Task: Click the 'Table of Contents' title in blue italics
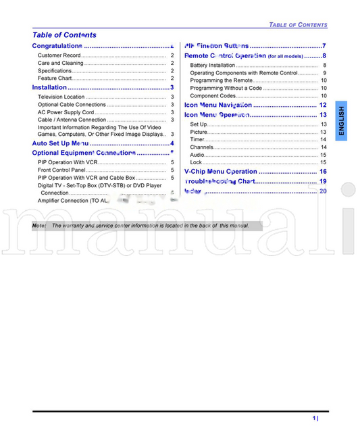[x=64, y=35]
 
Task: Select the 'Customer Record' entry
[x=59, y=55]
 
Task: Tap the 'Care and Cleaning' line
[x=61, y=63]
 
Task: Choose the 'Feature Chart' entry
[x=55, y=78]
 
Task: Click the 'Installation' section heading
[x=50, y=87]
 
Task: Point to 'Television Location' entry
[x=61, y=97]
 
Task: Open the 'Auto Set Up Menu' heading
[x=61, y=143]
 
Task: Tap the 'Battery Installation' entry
[x=213, y=66]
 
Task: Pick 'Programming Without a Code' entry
[x=226, y=88]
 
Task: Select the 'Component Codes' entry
[x=213, y=96]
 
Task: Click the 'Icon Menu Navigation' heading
[x=218, y=105]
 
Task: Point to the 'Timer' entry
[x=197, y=140]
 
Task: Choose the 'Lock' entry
[x=196, y=162]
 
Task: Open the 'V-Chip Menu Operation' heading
[x=221, y=172]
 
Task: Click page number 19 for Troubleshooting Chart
[x=323, y=182]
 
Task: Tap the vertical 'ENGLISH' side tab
[x=341, y=122]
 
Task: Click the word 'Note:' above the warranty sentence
[x=39, y=226]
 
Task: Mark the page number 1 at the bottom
[x=315, y=418]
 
